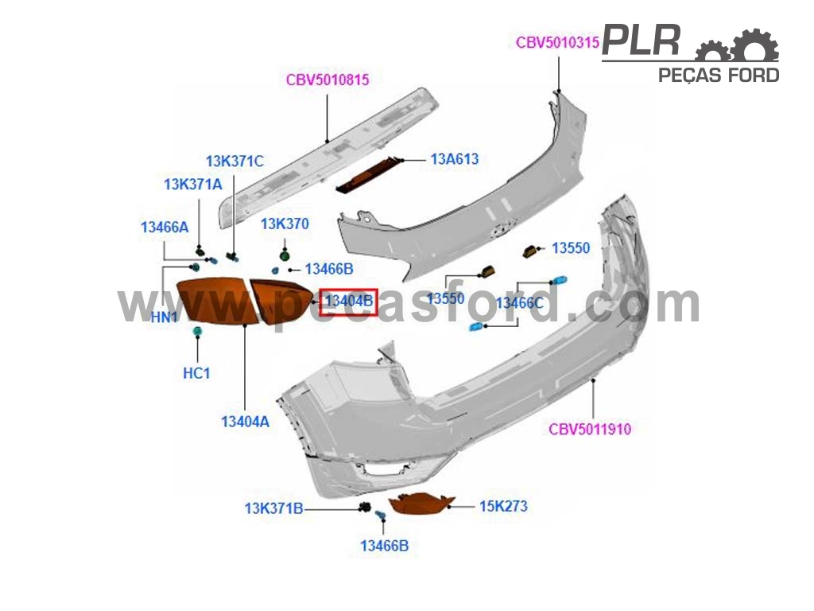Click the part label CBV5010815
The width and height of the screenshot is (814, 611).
[328, 80]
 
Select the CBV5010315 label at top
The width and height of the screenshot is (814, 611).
[557, 43]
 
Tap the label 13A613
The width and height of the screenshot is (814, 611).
[455, 159]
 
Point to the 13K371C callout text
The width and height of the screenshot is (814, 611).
[235, 161]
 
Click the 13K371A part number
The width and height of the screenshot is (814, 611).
[193, 185]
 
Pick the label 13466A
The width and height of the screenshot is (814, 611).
[165, 227]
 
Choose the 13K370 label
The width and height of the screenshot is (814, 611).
[285, 224]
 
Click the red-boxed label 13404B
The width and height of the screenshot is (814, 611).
[348, 302]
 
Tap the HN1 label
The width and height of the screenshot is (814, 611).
[164, 317]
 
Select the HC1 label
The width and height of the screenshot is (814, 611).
[196, 373]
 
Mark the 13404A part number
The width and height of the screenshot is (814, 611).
[245, 422]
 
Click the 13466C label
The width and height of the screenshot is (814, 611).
[520, 303]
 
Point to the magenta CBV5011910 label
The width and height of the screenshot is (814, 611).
[590, 429]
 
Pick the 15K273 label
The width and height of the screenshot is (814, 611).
[503, 506]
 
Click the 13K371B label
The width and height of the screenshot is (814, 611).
[273, 508]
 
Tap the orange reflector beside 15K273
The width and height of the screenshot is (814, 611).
[421, 504]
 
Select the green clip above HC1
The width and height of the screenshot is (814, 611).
[197, 331]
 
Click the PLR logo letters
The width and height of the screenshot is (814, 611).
[642, 41]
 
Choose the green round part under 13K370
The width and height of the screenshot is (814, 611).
[284, 255]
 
